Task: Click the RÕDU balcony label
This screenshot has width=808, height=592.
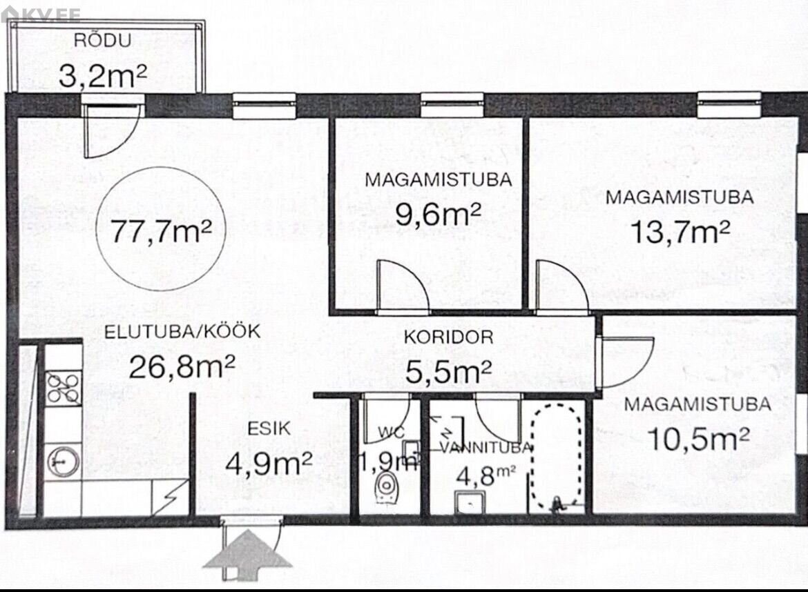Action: point(102,40)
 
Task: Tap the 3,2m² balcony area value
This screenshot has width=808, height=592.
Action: point(103,76)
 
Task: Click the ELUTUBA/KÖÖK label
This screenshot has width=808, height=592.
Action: point(182,331)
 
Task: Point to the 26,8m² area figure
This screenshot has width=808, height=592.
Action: point(182,366)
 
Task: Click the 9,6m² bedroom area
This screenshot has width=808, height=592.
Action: point(438,214)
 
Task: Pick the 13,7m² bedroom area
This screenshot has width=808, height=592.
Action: point(680,232)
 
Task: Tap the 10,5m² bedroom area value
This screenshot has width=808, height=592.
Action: point(698,439)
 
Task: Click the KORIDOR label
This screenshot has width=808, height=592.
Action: point(448,337)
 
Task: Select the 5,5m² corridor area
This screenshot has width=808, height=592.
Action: point(448,371)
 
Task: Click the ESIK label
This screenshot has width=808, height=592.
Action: point(269,428)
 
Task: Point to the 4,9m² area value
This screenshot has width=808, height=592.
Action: point(269,463)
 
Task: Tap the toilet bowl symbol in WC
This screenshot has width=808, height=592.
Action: point(386,487)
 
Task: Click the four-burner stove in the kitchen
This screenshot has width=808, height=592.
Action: point(64,388)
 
